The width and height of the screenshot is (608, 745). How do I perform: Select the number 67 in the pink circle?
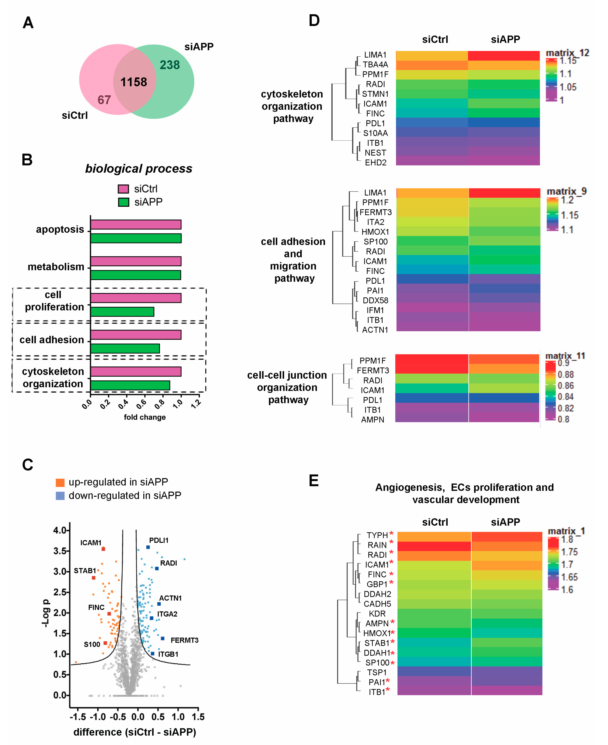coord(104,100)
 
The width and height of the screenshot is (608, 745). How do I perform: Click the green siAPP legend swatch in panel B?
coord(123,202)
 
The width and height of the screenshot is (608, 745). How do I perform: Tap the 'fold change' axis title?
coord(145,417)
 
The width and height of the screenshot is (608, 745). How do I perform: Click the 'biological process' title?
coord(139,168)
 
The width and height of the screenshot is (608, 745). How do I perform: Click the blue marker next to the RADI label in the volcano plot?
coord(157,568)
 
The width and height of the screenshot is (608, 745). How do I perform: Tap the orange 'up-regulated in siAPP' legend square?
coord(60,483)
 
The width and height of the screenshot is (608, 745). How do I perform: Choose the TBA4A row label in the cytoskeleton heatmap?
coord(375,64)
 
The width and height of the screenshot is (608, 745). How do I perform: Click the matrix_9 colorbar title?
coord(566,191)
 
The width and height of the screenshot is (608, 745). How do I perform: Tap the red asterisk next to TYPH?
coord(391,534)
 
